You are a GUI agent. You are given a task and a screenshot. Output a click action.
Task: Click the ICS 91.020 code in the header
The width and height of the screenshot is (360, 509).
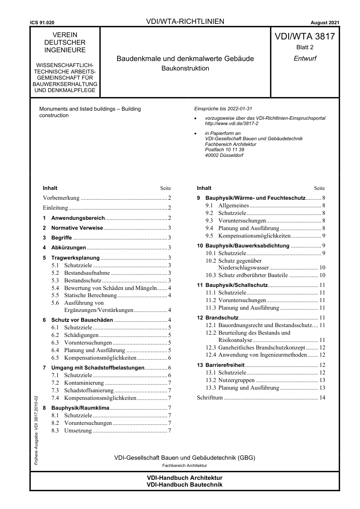point(42,23)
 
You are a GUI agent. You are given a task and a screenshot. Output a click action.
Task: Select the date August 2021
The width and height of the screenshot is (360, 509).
point(325,23)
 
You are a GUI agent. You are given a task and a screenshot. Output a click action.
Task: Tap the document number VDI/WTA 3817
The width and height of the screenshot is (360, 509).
point(305,36)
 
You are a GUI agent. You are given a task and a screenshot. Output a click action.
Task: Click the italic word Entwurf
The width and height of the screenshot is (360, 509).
point(305,58)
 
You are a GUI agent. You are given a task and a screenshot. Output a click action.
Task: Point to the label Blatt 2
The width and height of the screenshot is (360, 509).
point(305,47)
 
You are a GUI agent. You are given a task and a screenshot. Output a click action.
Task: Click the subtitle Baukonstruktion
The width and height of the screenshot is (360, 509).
point(185,68)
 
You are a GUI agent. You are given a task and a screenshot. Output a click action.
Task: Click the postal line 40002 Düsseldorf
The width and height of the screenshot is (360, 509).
point(224,155)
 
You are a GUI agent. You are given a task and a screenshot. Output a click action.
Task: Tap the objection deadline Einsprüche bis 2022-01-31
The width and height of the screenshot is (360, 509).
point(223,109)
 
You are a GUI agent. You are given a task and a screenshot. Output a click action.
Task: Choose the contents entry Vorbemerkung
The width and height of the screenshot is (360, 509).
point(61,198)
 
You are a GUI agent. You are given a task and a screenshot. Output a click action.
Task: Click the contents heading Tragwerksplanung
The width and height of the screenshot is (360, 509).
point(75,258)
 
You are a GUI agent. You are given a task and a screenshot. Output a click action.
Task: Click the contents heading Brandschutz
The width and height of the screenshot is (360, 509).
point(222,318)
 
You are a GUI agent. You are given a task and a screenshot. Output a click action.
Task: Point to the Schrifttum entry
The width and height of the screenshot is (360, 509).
point(210,398)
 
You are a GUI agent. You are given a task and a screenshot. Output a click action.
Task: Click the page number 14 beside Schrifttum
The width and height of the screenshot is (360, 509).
point(322,398)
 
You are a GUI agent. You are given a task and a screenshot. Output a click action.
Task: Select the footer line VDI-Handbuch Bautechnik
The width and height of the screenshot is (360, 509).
point(185,484)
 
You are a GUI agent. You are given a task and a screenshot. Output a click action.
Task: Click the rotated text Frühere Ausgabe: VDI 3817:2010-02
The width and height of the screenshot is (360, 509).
point(36,430)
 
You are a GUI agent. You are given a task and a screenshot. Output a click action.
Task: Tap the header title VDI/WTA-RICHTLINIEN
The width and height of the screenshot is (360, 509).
point(185,22)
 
